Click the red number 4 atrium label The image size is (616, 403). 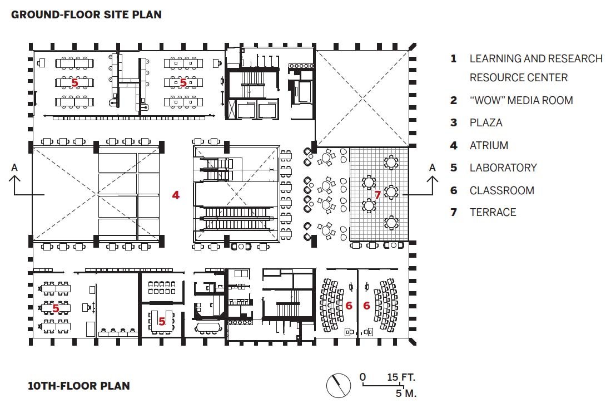click(x=176, y=195)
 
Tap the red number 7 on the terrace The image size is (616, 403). click(x=377, y=195)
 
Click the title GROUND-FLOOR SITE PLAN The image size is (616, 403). click(x=86, y=14)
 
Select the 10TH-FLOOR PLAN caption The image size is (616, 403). click(x=78, y=386)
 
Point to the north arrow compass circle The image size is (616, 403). click(x=338, y=385)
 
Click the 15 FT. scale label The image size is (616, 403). click(x=401, y=377)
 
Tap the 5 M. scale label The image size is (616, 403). click(x=406, y=393)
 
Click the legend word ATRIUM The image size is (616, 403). click(x=489, y=145)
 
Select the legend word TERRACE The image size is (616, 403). click(x=493, y=212)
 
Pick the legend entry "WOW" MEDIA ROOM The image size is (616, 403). click(x=521, y=100)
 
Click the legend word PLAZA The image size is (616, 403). click(x=486, y=122)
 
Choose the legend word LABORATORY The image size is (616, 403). click(x=503, y=168)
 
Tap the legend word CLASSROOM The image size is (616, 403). click(x=501, y=191)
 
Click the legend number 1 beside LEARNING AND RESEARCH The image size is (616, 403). click(x=453, y=59)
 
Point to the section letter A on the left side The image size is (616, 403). click(x=14, y=168)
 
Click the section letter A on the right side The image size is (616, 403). click(x=432, y=168)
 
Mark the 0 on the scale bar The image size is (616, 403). click(x=362, y=377)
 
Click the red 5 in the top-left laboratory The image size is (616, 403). click(x=74, y=82)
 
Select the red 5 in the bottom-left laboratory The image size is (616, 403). click(x=56, y=308)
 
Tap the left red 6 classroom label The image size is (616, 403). click(x=349, y=306)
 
